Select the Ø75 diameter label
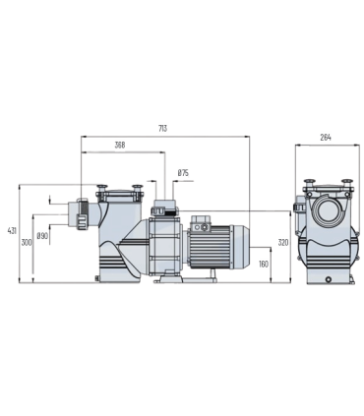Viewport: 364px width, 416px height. click(x=183, y=172)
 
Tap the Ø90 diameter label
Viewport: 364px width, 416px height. click(x=42, y=236)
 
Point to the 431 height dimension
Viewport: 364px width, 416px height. click(x=13, y=231)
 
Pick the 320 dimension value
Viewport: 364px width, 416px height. click(x=282, y=241)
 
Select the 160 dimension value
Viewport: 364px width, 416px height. click(x=264, y=263)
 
